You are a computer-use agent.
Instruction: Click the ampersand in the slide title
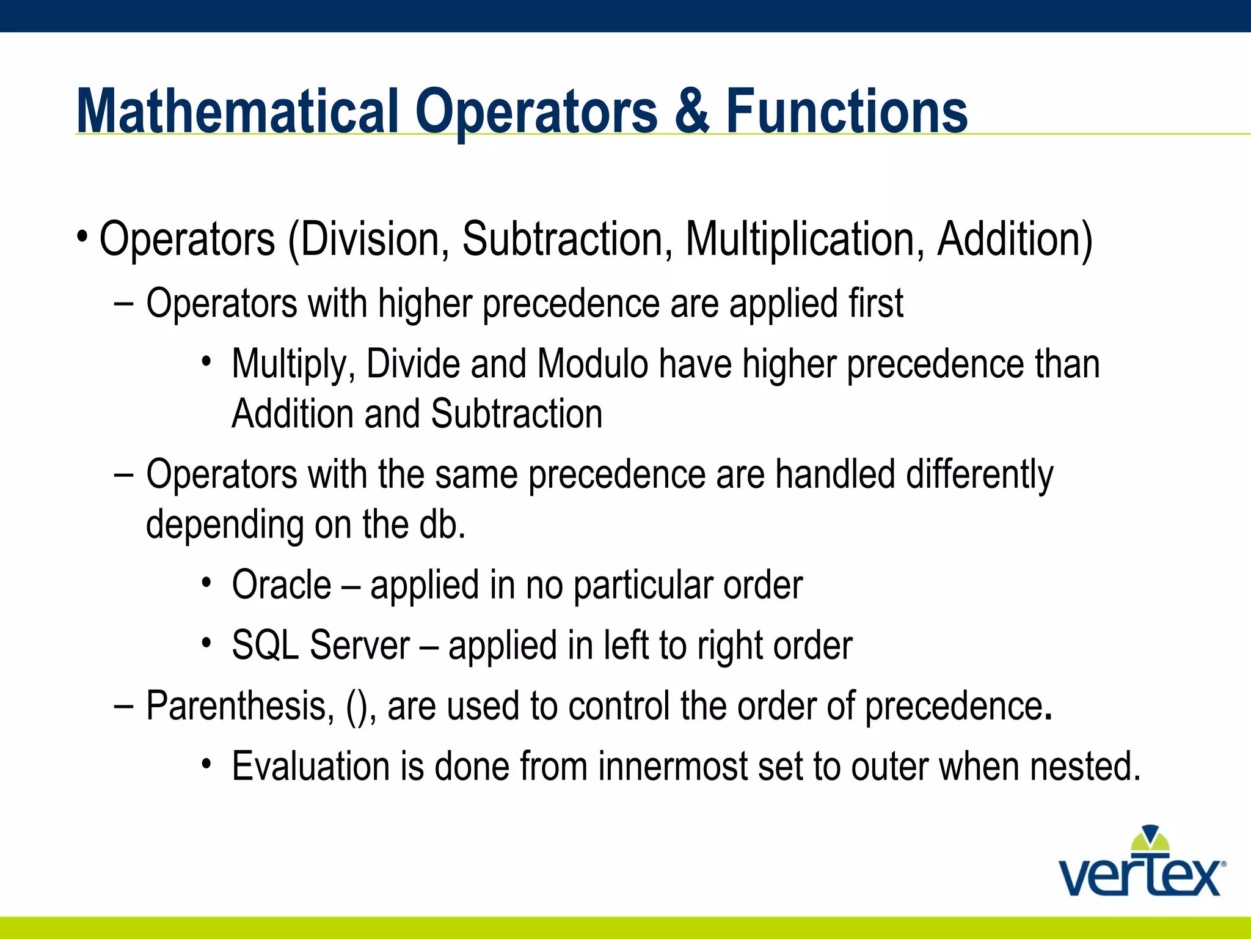tap(692, 111)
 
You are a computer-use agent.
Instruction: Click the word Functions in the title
tap(847, 111)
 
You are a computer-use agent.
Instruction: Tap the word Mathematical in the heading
tap(238, 111)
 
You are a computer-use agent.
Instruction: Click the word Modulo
tap(592, 364)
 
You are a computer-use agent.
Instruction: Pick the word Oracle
tap(281, 585)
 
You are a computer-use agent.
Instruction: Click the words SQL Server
tap(321, 646)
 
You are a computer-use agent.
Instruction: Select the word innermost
tap(673, 767)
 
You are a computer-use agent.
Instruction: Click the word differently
tap(979, 475)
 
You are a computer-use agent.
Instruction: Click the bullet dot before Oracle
tap(206, 583)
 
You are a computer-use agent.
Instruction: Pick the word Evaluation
tap(310, 767)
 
